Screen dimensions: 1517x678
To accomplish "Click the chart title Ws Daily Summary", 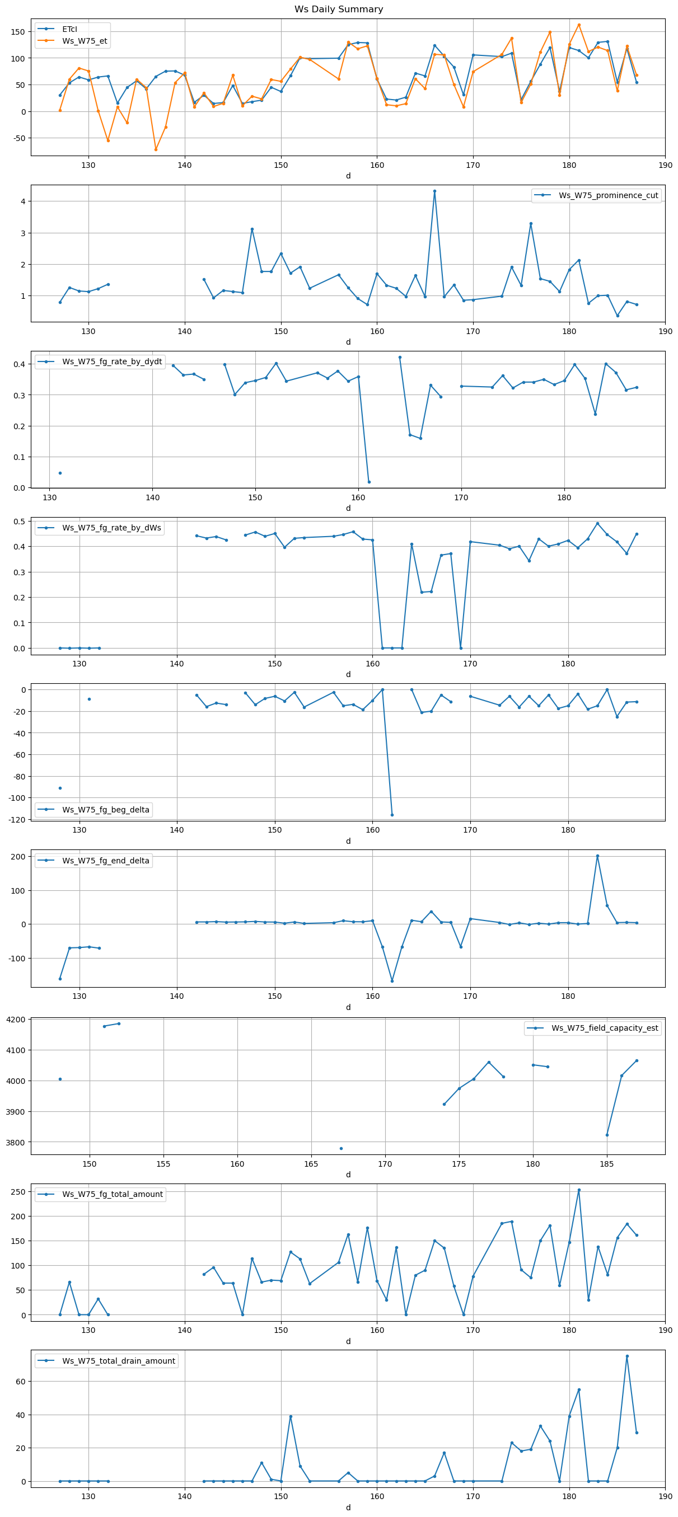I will coord(339,10).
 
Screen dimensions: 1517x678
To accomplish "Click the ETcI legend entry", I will coord(69,29).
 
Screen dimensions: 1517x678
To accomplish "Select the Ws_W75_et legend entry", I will coord(84,41).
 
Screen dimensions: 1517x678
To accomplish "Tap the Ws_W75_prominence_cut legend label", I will coord(608,195).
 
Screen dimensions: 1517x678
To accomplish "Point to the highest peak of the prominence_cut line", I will coord(434,191).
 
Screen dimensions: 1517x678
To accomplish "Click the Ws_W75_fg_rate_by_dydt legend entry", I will coord(112,361).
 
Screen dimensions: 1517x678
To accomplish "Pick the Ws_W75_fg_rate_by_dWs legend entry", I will coord(111,528).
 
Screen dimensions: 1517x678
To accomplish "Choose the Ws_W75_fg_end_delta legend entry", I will coord(105,861).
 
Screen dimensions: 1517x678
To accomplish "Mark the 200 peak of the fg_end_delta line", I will coord(597,856).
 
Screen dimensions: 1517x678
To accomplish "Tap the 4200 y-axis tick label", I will coord(18,1020).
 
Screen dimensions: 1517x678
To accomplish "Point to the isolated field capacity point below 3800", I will coord(341,1148).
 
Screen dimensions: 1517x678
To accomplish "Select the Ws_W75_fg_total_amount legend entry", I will coord(112,1194).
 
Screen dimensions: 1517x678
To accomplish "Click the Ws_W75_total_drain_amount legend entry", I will coord(118,1361).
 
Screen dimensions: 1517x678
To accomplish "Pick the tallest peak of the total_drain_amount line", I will coord(628,1356).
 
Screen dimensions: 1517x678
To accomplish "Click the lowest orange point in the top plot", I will coord(156,149).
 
